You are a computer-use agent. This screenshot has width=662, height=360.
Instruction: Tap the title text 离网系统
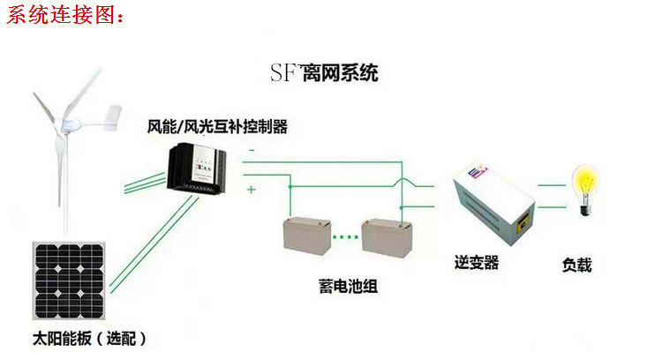tap(340, 72)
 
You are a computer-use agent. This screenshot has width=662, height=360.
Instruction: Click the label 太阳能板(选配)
tap(88, 338)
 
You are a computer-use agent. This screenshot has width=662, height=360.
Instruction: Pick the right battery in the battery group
tap(389, 236)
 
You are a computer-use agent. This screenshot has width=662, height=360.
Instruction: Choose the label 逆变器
tap(477, 262)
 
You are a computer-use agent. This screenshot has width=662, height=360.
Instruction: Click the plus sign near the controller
tap(251, 189)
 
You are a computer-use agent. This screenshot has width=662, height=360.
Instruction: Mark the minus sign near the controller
tap(251, 151)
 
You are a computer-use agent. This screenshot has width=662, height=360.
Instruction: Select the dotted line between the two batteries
tap(347, 236)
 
